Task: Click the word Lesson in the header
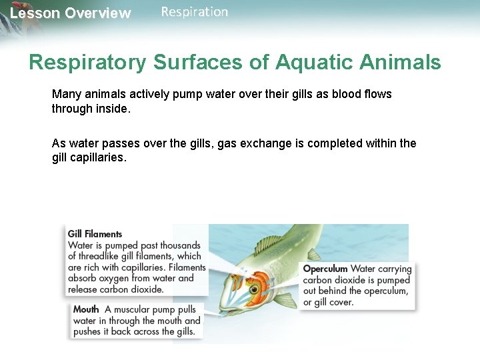(34, 13)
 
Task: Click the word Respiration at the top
(194, 12)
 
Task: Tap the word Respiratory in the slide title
(87, 63)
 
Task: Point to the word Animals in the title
(401, 63)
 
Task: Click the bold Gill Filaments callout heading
(95, 234)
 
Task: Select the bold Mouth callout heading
(86, 309)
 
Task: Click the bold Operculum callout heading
(325, 269)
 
